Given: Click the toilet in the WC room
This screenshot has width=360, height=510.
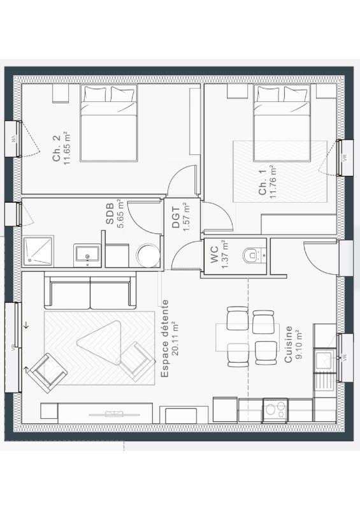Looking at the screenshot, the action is [x=251, y=255].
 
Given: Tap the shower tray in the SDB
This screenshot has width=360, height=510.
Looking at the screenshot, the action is [x=38, y=251].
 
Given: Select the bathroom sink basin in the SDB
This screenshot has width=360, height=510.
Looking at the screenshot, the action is [x=87, y=254].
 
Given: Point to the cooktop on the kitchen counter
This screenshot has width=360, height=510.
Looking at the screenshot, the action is [x=275, y=410].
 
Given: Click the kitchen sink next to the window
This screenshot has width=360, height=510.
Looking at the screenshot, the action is [x=324, y=360].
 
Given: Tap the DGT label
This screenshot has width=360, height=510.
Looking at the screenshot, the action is [x=176, y=217].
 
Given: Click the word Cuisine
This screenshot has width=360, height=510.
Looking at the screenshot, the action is [x=288, y=344].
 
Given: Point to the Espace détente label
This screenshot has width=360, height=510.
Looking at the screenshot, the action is [x=165, y=339].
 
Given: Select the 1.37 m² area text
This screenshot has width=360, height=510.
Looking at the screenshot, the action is [x=224, y=254].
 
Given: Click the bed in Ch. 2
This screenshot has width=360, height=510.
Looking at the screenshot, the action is [x=108, y=123].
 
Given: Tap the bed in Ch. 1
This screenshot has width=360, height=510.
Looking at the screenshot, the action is [x=282, y=123].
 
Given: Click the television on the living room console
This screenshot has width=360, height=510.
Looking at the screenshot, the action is [x=115, y=414].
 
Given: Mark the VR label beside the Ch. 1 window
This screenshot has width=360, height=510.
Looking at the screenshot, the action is [x=345, y=157].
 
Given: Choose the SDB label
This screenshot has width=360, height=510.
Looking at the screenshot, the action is [x=110, y=214].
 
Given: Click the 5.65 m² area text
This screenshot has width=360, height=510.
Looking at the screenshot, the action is [x=121, y=214].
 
